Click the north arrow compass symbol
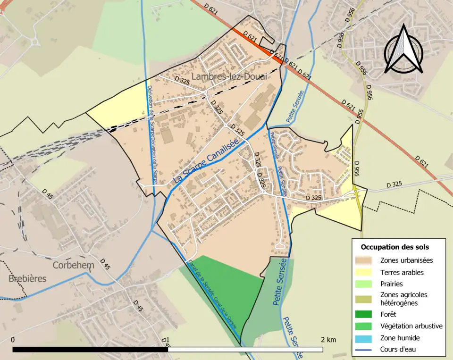pos(403,49)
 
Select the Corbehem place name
pos(73,265)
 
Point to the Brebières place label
pos(27,279)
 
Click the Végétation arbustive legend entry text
pos(411,326)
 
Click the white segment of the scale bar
pos(245,350)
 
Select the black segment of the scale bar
pos(90,350)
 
